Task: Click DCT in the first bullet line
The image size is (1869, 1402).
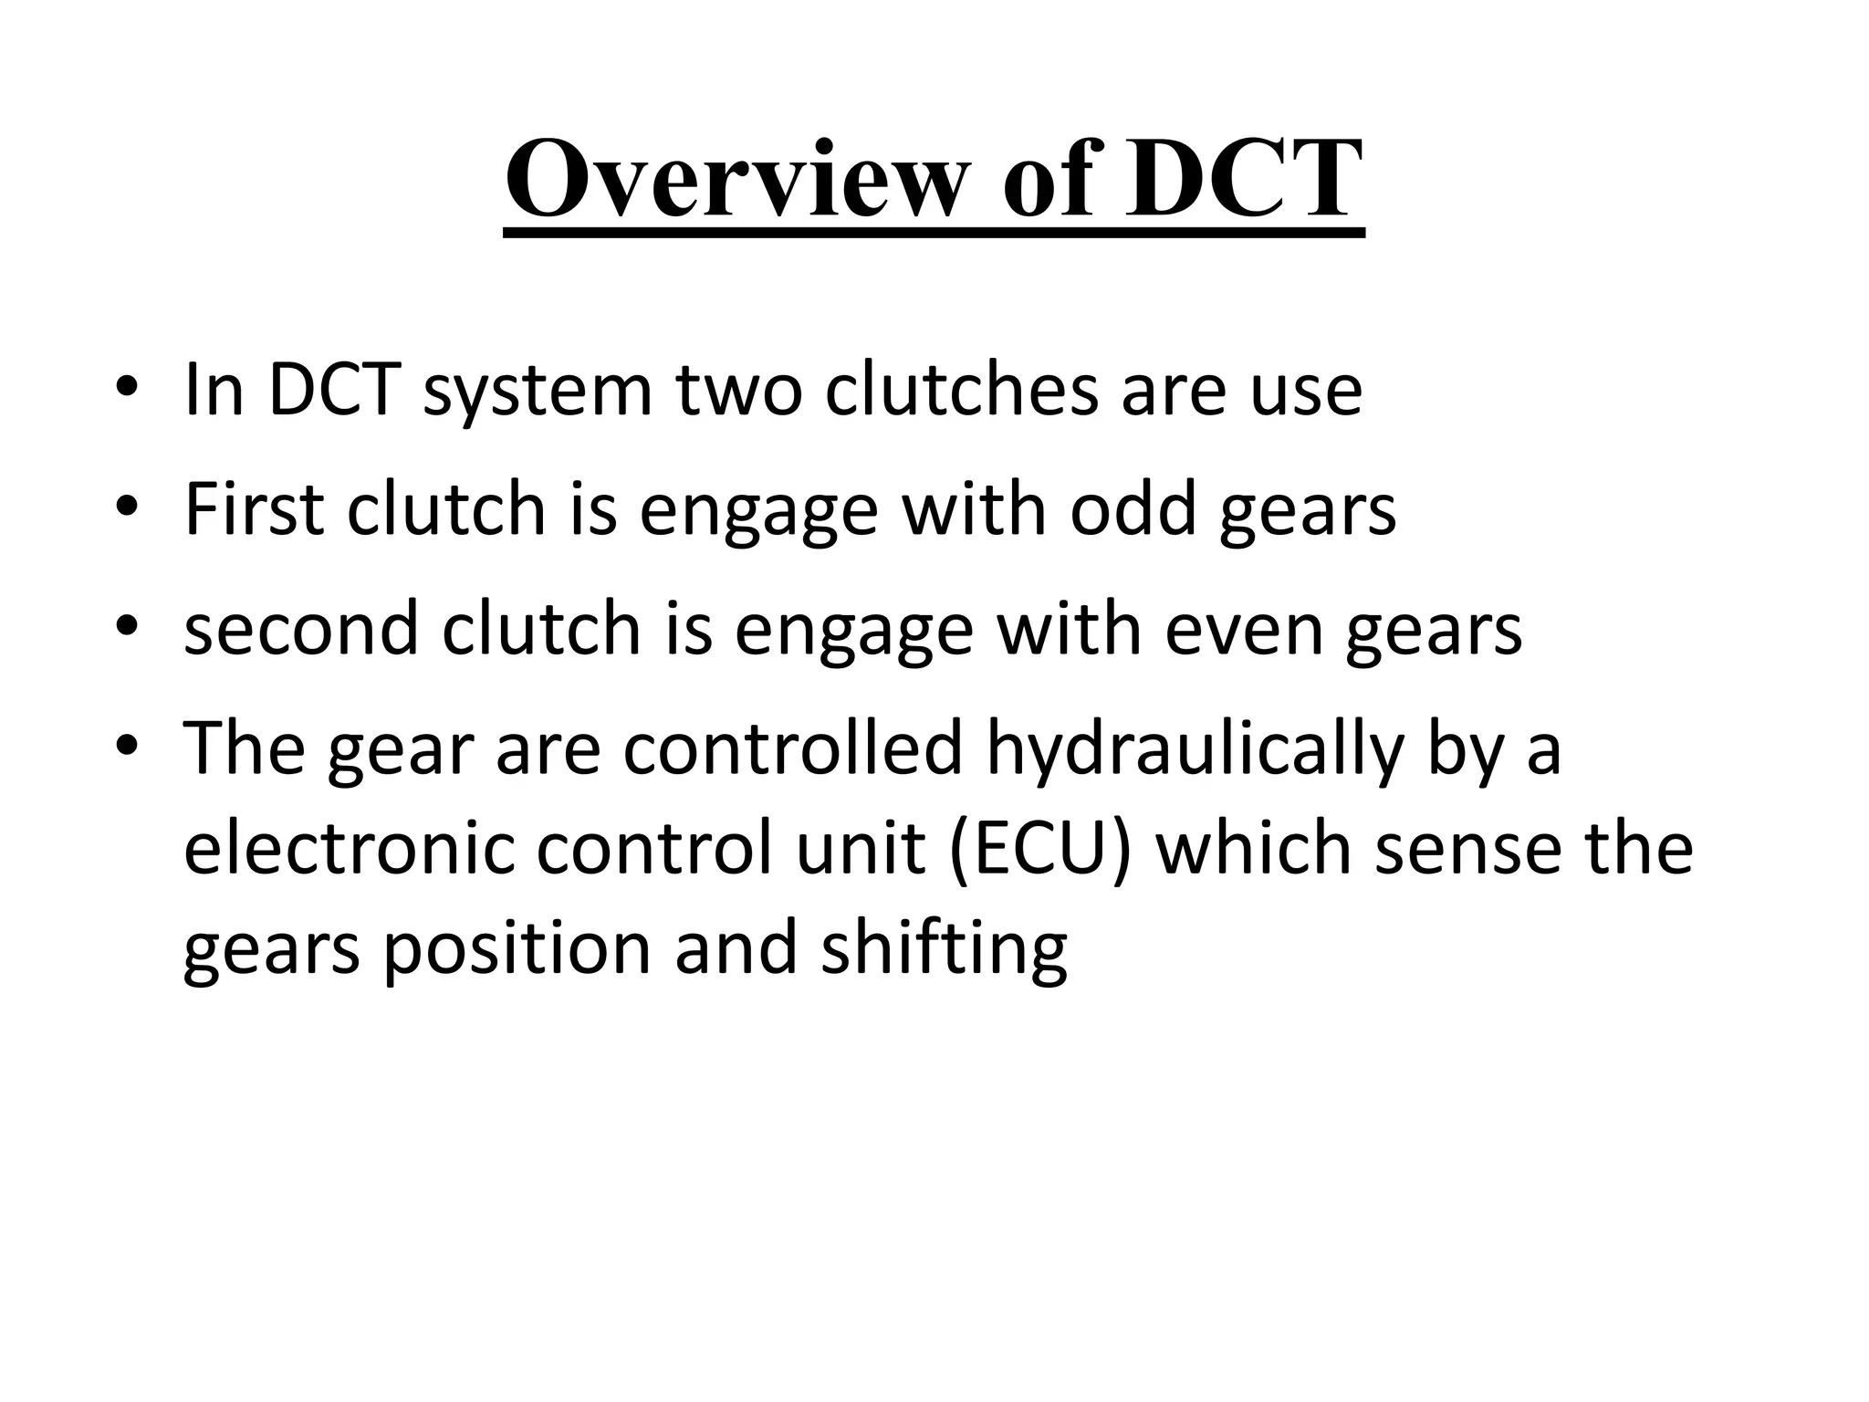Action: point(334,390)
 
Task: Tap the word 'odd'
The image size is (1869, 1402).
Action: point(1132,508)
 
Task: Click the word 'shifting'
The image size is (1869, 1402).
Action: point(944,949)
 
